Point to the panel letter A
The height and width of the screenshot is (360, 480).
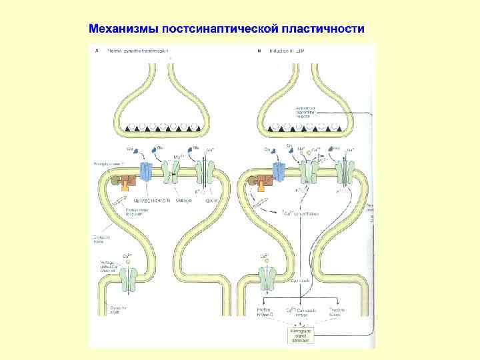[98, 50]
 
